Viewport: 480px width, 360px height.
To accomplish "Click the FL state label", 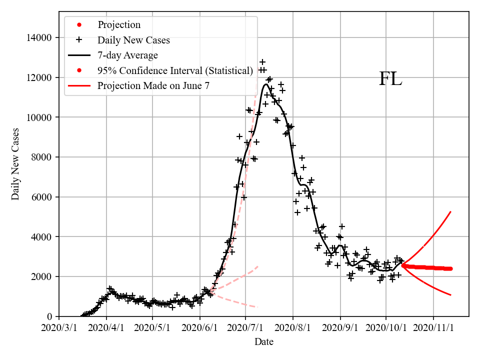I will click(x=390, y=79).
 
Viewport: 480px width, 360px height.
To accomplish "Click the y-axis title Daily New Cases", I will click(x=15, y=164).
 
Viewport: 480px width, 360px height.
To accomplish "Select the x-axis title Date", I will click(x=263, y=342).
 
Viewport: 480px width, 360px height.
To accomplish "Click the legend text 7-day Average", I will click(x=127, y=55).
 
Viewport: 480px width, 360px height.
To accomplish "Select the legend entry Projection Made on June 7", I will click(x=153, y=86).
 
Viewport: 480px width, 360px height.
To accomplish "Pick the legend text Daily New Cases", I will click(x=133, y=40).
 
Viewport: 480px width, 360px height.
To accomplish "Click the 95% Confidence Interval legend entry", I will click(x=175, y=71).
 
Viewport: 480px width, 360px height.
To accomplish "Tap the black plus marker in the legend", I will click(x=78, y=40).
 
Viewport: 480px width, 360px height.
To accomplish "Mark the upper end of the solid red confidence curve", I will click(x=451, y=212).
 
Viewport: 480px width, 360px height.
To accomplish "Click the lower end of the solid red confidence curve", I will click(x=451, y=295).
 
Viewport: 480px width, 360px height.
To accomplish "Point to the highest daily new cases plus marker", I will click(x=262, y=62).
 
